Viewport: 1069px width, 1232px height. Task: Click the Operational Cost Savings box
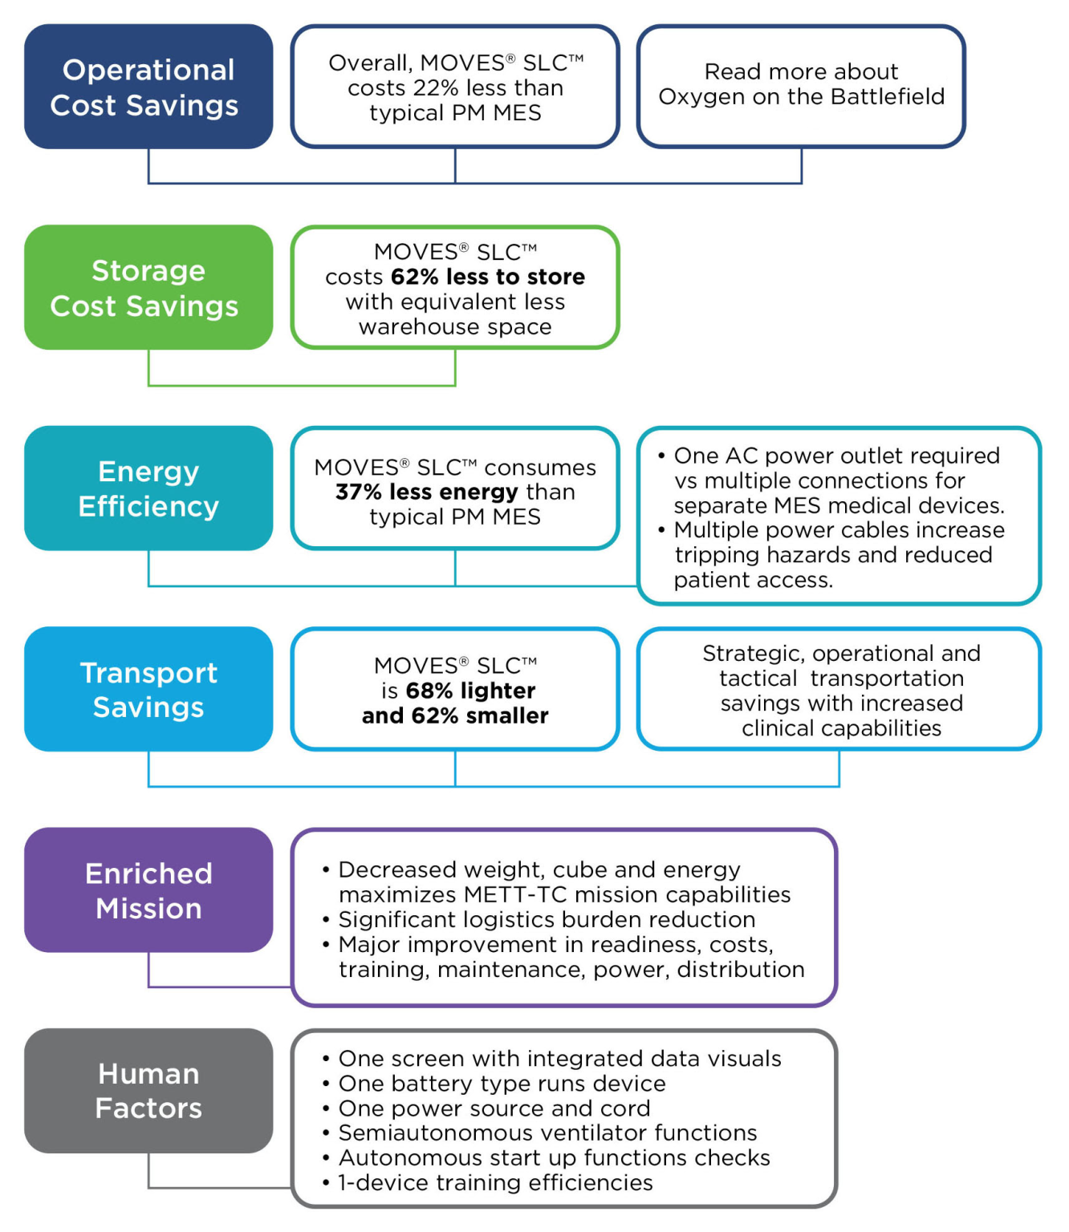point(148,87)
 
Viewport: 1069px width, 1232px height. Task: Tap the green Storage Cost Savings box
point(148,287)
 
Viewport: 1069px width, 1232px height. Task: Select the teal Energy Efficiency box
point(148,488)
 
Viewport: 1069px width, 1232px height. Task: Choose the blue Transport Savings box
point(148,689)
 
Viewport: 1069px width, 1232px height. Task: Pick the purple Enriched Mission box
point(148,890)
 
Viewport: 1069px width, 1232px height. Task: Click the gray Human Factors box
point(148,1090)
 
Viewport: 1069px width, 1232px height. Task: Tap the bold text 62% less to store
point(488,277)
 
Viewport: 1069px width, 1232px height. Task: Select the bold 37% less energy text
point(427,492)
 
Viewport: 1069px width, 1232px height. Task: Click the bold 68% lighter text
point(470,691)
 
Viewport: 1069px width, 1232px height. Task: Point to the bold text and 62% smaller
point(455,715)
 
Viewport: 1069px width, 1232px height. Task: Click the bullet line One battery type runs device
point(502,1084)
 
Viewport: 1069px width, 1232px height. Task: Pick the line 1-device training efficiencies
point(495,1183)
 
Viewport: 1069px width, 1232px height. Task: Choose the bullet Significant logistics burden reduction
point(547,920)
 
